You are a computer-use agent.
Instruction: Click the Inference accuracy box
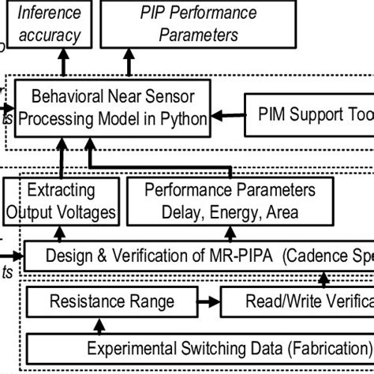pos(49,24)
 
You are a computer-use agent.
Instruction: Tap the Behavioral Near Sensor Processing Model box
pos(114,107)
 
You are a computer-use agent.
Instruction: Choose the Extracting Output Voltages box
pos(61,200)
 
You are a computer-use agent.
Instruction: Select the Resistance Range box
pos(111,301)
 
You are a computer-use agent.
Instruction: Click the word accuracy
pos(49,35)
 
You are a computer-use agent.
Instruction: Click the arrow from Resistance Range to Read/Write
pos(208,301)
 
